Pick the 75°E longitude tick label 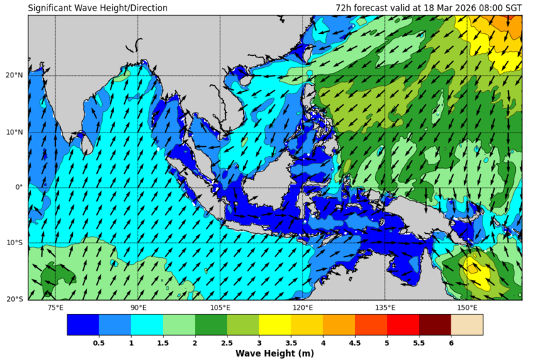point(55,308)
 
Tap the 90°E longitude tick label point(138,308)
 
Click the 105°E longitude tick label point(220,308)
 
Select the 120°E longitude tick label point(303,308)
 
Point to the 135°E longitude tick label point(385,308)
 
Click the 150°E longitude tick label point(467,308)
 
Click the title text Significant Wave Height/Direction point(98,9)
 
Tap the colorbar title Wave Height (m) point(275,353)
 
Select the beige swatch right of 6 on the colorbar point(467,325)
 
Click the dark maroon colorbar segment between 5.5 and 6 point(435,325)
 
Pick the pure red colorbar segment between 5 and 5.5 point(403,325)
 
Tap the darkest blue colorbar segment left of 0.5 point(83,325)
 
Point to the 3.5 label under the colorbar point(291,342)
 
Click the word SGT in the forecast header point(512,9)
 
